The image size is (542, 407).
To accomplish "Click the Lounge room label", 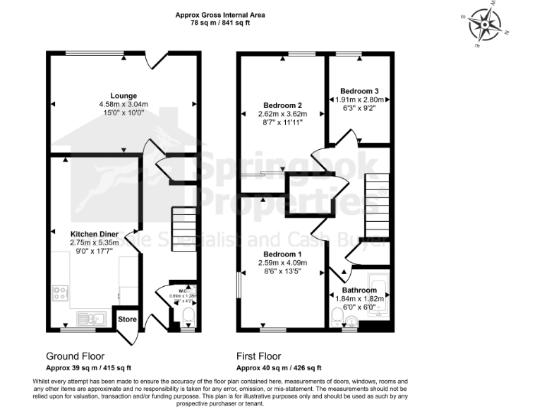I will (x=124, y=95).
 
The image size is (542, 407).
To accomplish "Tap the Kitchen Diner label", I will (x=93, y=233).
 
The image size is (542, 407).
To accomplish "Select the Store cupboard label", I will (x=127, y=319).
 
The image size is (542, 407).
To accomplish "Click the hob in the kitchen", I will (x=59, y=293).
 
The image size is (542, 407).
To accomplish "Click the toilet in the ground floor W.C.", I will (x=186, y=315).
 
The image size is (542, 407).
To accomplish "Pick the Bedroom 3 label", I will (x=359, y=91).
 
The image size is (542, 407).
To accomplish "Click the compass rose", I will (x=484, y=26).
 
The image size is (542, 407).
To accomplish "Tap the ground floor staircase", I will (x=185, y=225).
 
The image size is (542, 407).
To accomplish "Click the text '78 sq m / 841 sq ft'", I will (x=221, y=23).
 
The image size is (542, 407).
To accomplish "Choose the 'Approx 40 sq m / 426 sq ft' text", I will (x=279, y=368).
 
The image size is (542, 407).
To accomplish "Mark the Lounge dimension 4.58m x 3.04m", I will (x=124, y=105).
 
